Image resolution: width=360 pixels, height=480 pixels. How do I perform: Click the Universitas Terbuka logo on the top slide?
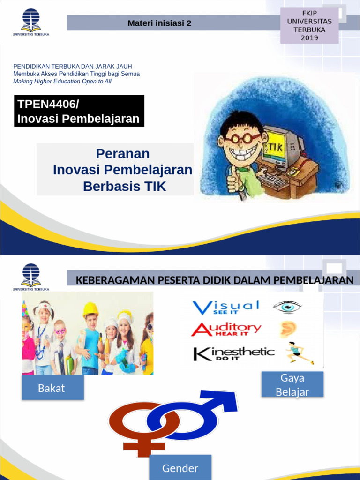(x=30, y=22)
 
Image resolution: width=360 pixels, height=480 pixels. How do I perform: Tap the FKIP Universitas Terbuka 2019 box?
(x=309, y=26)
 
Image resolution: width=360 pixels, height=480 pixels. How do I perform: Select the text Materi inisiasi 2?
(x=159, y=23)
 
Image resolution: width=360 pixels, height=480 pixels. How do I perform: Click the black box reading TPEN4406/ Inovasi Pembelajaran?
(x=79, y=111)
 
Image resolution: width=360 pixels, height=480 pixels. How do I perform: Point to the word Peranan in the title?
(x=123, y=154)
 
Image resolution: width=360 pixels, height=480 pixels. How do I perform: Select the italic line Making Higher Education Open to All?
(x=62, y=82)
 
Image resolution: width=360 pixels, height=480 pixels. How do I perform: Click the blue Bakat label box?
(x=52, y=388)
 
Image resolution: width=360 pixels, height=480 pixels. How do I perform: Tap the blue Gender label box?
(x=180, y=468)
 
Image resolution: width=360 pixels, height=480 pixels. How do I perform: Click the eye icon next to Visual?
(x=287, y=307)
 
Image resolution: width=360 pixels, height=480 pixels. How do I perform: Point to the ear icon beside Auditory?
(x=286, y=330)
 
